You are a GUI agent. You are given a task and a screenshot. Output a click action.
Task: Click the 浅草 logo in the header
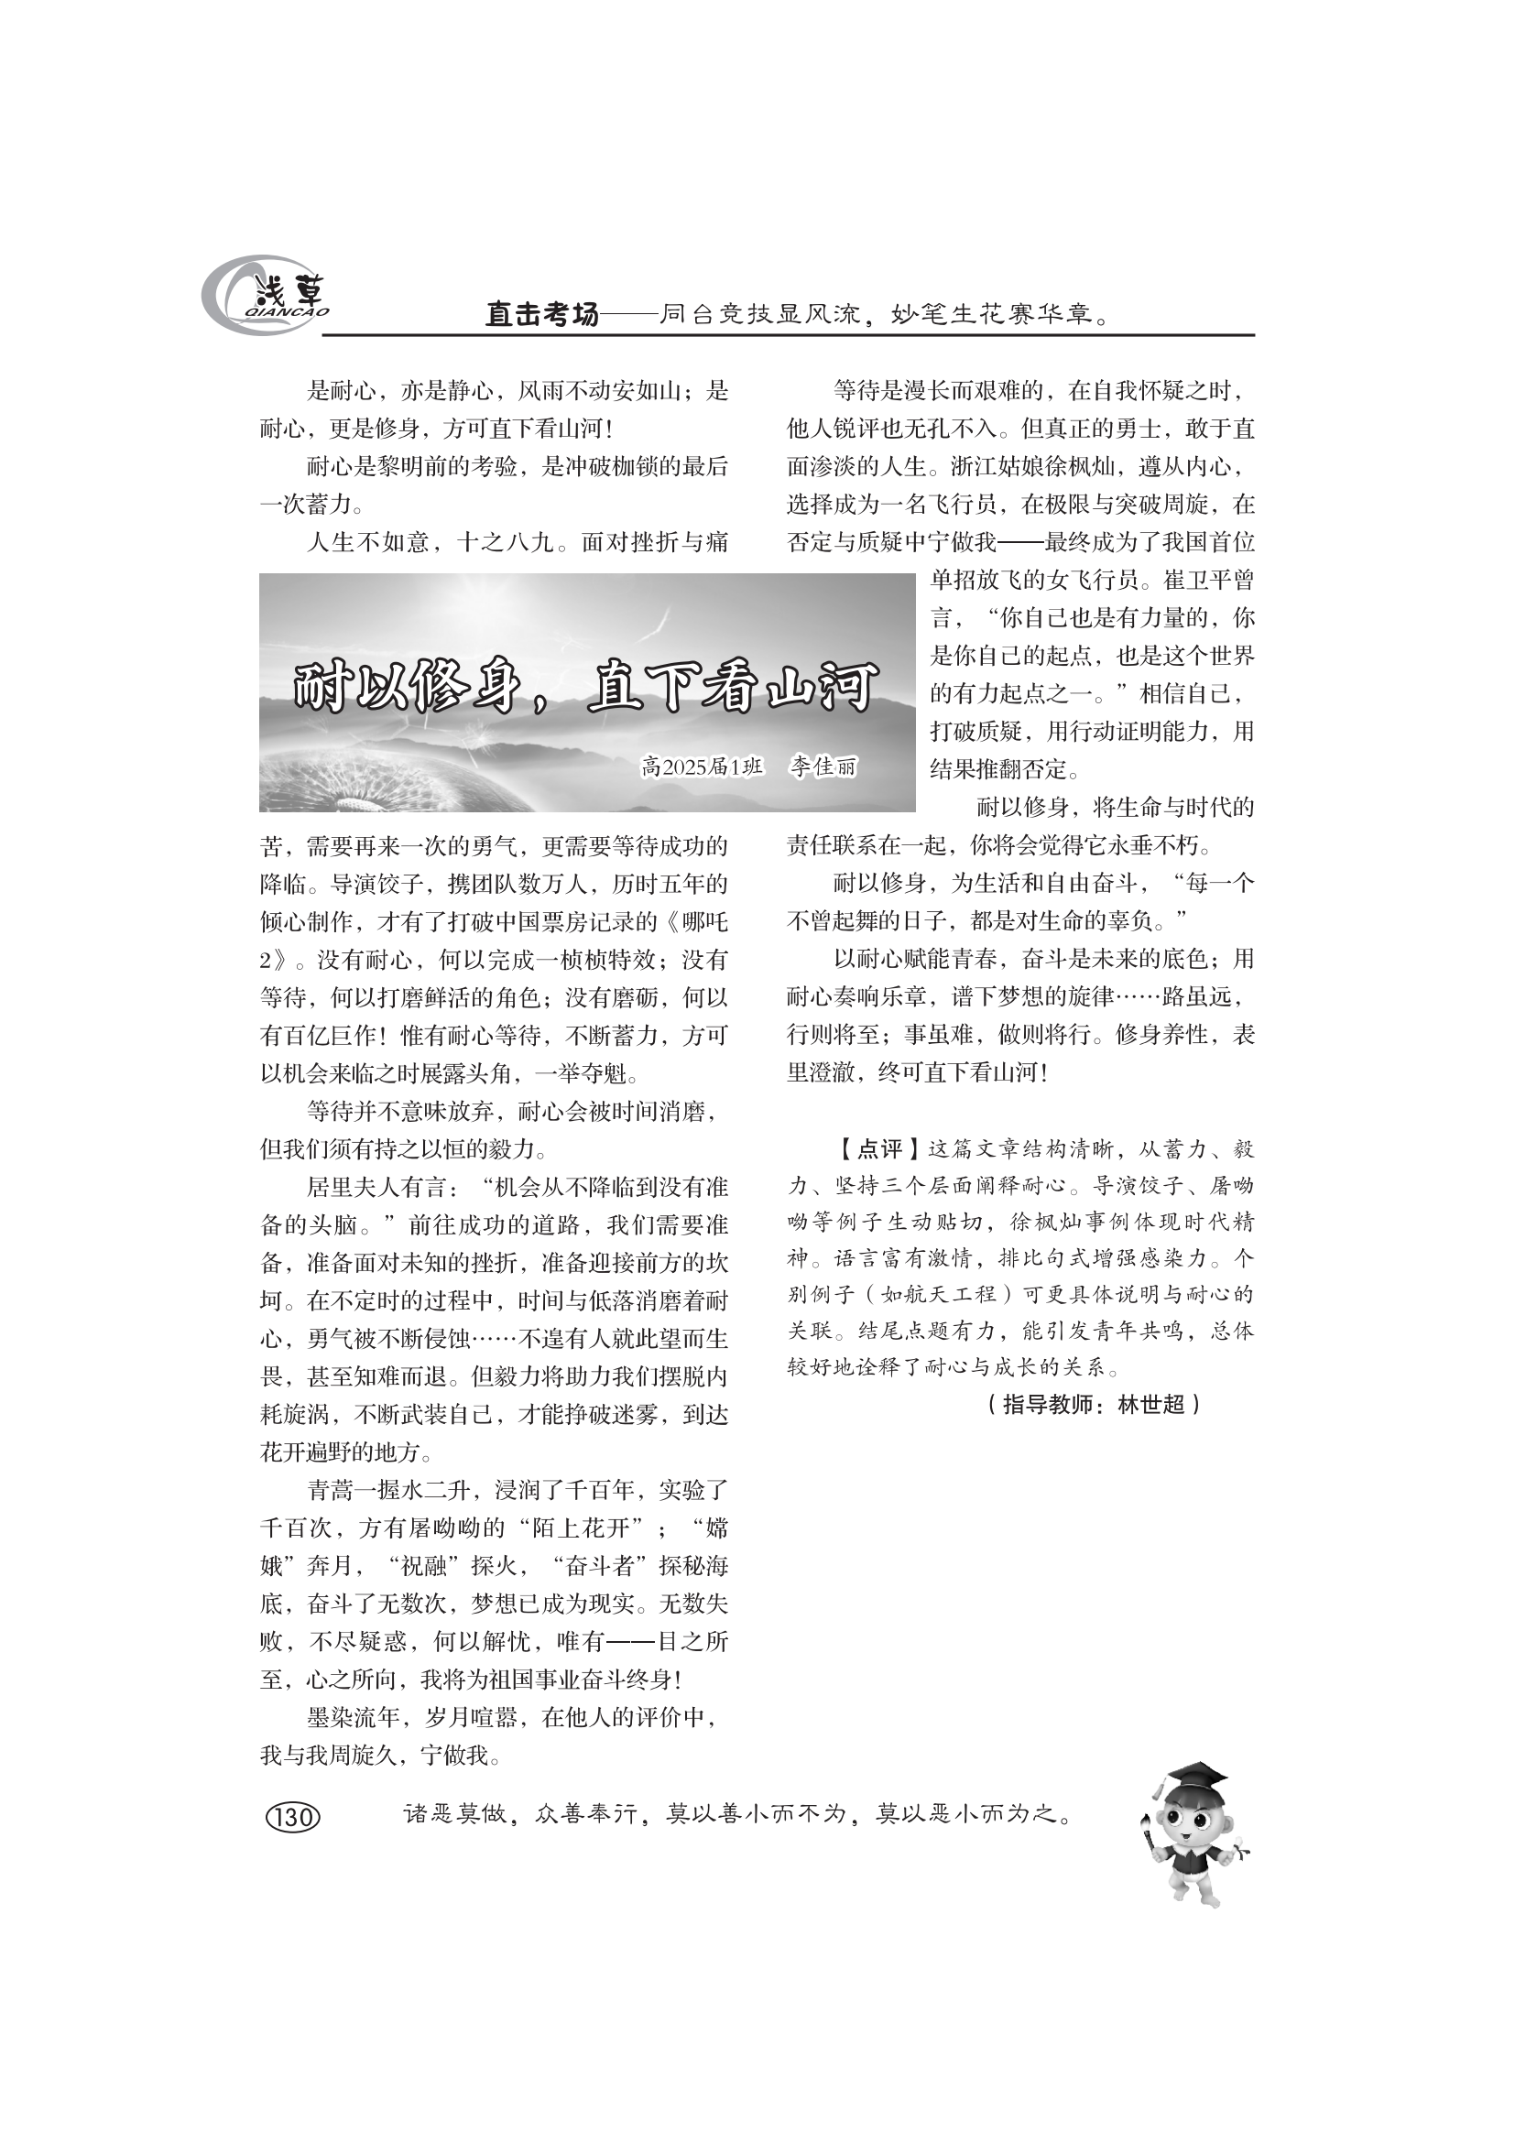click(266, 296)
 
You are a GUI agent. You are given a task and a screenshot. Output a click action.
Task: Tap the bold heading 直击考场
click(541, 315)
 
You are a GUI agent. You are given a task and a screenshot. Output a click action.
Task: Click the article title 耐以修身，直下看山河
click(586, 689)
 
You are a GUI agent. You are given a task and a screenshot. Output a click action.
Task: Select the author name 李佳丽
click(823, 767)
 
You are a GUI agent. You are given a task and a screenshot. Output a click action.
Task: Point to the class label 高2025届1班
click(702, 767)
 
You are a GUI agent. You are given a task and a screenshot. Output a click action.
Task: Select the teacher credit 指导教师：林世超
click(1093, 1405)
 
